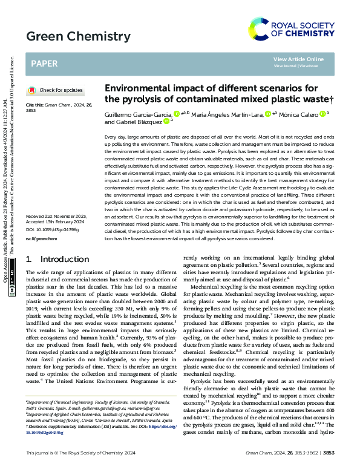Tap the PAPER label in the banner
44,63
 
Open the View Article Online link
298,59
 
